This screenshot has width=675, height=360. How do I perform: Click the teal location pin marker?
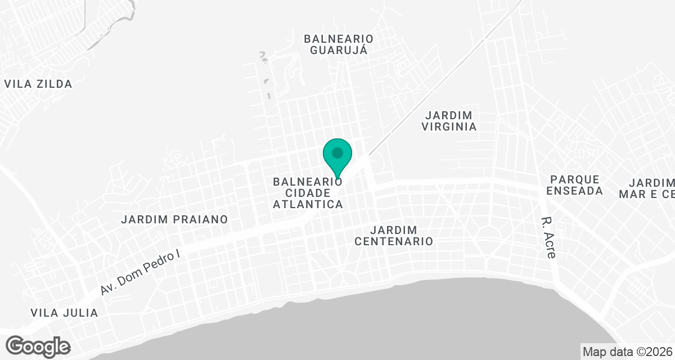pos(337,156)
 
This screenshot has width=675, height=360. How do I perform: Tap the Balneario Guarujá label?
pos(339,44)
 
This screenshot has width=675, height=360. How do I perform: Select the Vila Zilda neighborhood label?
pos(38,84)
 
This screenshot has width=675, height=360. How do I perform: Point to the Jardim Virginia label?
pos(449,120)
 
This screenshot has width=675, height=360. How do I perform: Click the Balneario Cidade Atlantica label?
pos(308,193)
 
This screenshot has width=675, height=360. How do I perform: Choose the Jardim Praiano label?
pos(174,219)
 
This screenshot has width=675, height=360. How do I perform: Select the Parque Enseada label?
pos(574,185)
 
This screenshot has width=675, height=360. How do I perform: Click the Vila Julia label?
pos(64,313)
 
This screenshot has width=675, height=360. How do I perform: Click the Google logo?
pos(38,345)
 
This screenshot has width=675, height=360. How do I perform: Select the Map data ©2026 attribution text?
pos(627,352)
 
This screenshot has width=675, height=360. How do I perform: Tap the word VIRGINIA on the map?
pos(449,127)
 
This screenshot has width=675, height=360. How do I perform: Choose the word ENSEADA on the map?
pos(574,191)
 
